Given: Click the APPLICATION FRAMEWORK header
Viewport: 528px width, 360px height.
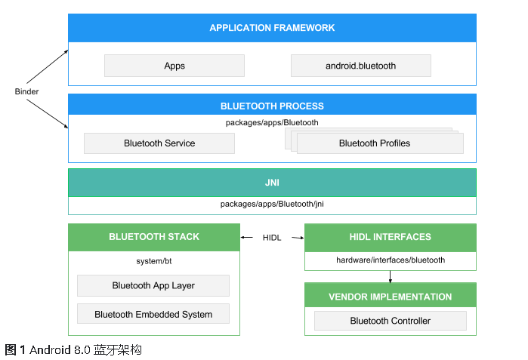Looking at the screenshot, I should (272, 28).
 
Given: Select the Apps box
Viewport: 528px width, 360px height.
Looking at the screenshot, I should (174, 66).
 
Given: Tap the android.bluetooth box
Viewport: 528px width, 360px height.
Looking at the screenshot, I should (360, 66).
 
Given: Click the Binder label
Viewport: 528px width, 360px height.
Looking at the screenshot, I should (26, 92).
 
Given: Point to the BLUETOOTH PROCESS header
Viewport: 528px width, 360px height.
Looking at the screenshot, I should (272, 106).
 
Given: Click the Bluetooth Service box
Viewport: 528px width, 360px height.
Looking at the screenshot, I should (159, 143).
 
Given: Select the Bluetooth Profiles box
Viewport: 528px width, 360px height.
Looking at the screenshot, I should (375, 143).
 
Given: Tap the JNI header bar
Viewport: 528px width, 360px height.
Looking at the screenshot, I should (272, 183).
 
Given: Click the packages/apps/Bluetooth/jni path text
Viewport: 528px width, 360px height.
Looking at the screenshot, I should (272, 204).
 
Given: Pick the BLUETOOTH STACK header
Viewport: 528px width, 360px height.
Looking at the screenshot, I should (154, 237).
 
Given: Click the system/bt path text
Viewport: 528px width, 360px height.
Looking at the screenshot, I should (154, 261).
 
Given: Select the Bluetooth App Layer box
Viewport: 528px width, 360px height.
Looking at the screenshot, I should (153, 285).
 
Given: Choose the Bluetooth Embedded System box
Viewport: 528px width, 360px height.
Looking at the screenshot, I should (153, 314).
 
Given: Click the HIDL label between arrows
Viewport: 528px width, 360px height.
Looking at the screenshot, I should (272, 238).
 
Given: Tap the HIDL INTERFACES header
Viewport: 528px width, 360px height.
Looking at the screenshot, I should (390, 237).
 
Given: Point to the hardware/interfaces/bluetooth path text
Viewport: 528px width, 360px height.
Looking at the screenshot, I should (390, 260).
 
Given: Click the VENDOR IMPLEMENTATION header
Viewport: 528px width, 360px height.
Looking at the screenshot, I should (390, 297).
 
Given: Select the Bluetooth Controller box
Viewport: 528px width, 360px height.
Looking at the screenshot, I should (390, 321).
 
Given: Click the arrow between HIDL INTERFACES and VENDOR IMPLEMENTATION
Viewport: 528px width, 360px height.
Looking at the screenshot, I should (390, 276).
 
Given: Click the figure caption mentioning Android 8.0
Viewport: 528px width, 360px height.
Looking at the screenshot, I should (73, 350).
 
